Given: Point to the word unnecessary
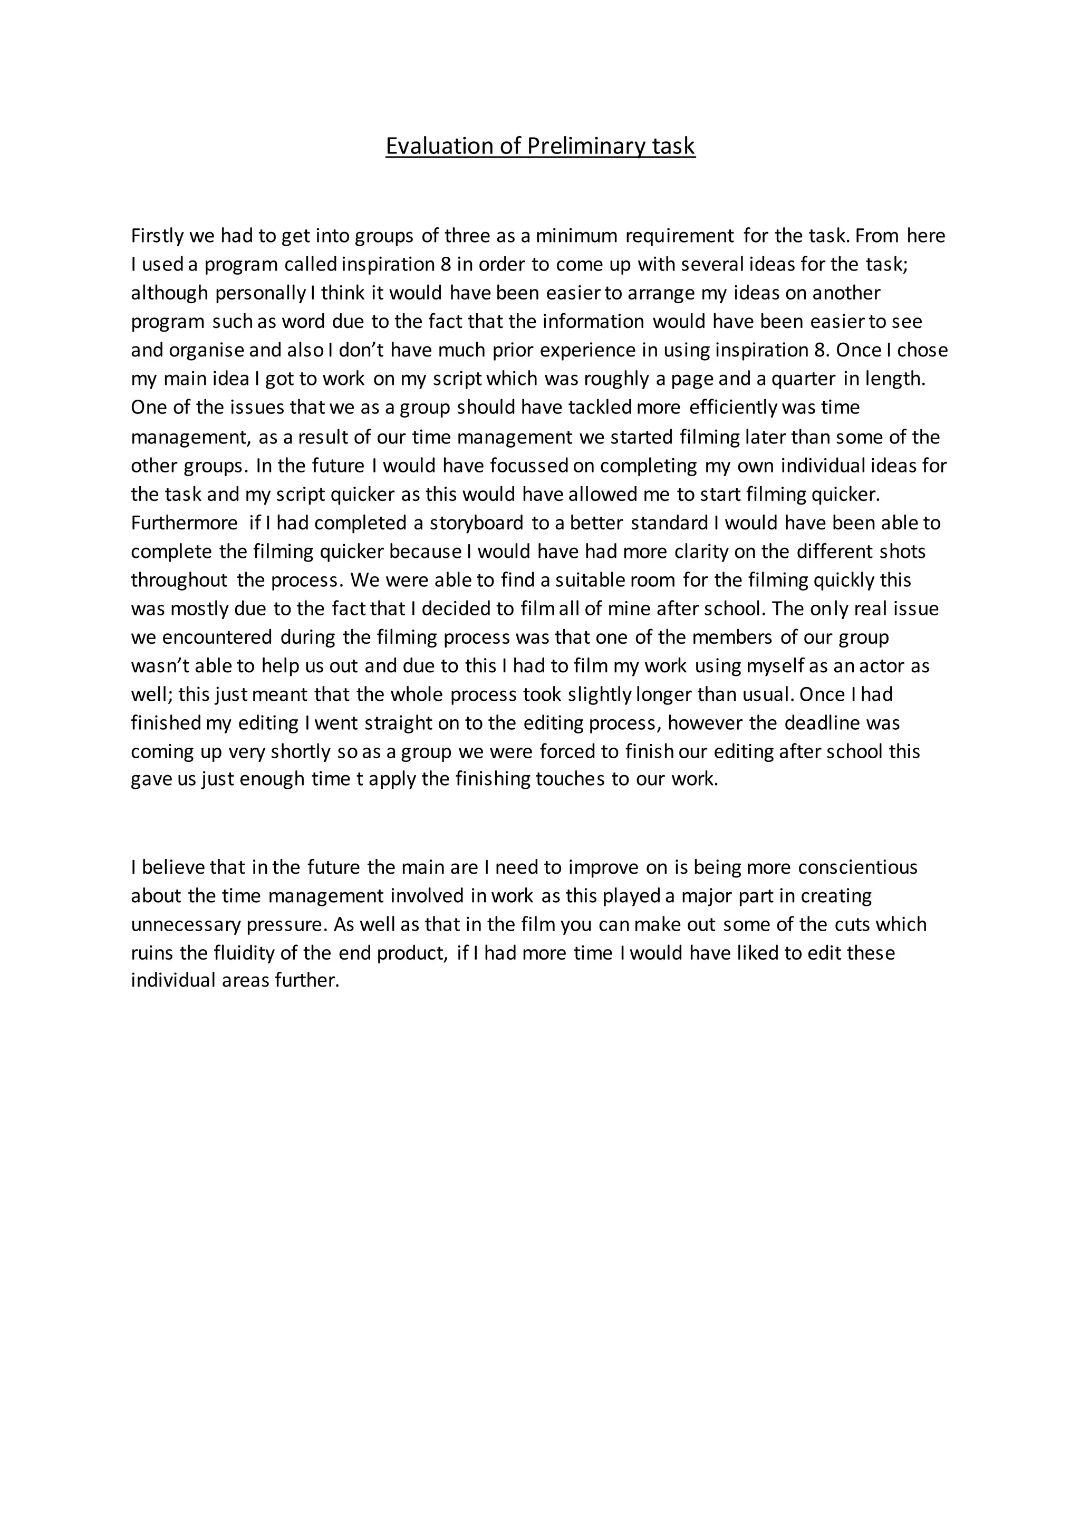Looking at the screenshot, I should pos(186,925).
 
